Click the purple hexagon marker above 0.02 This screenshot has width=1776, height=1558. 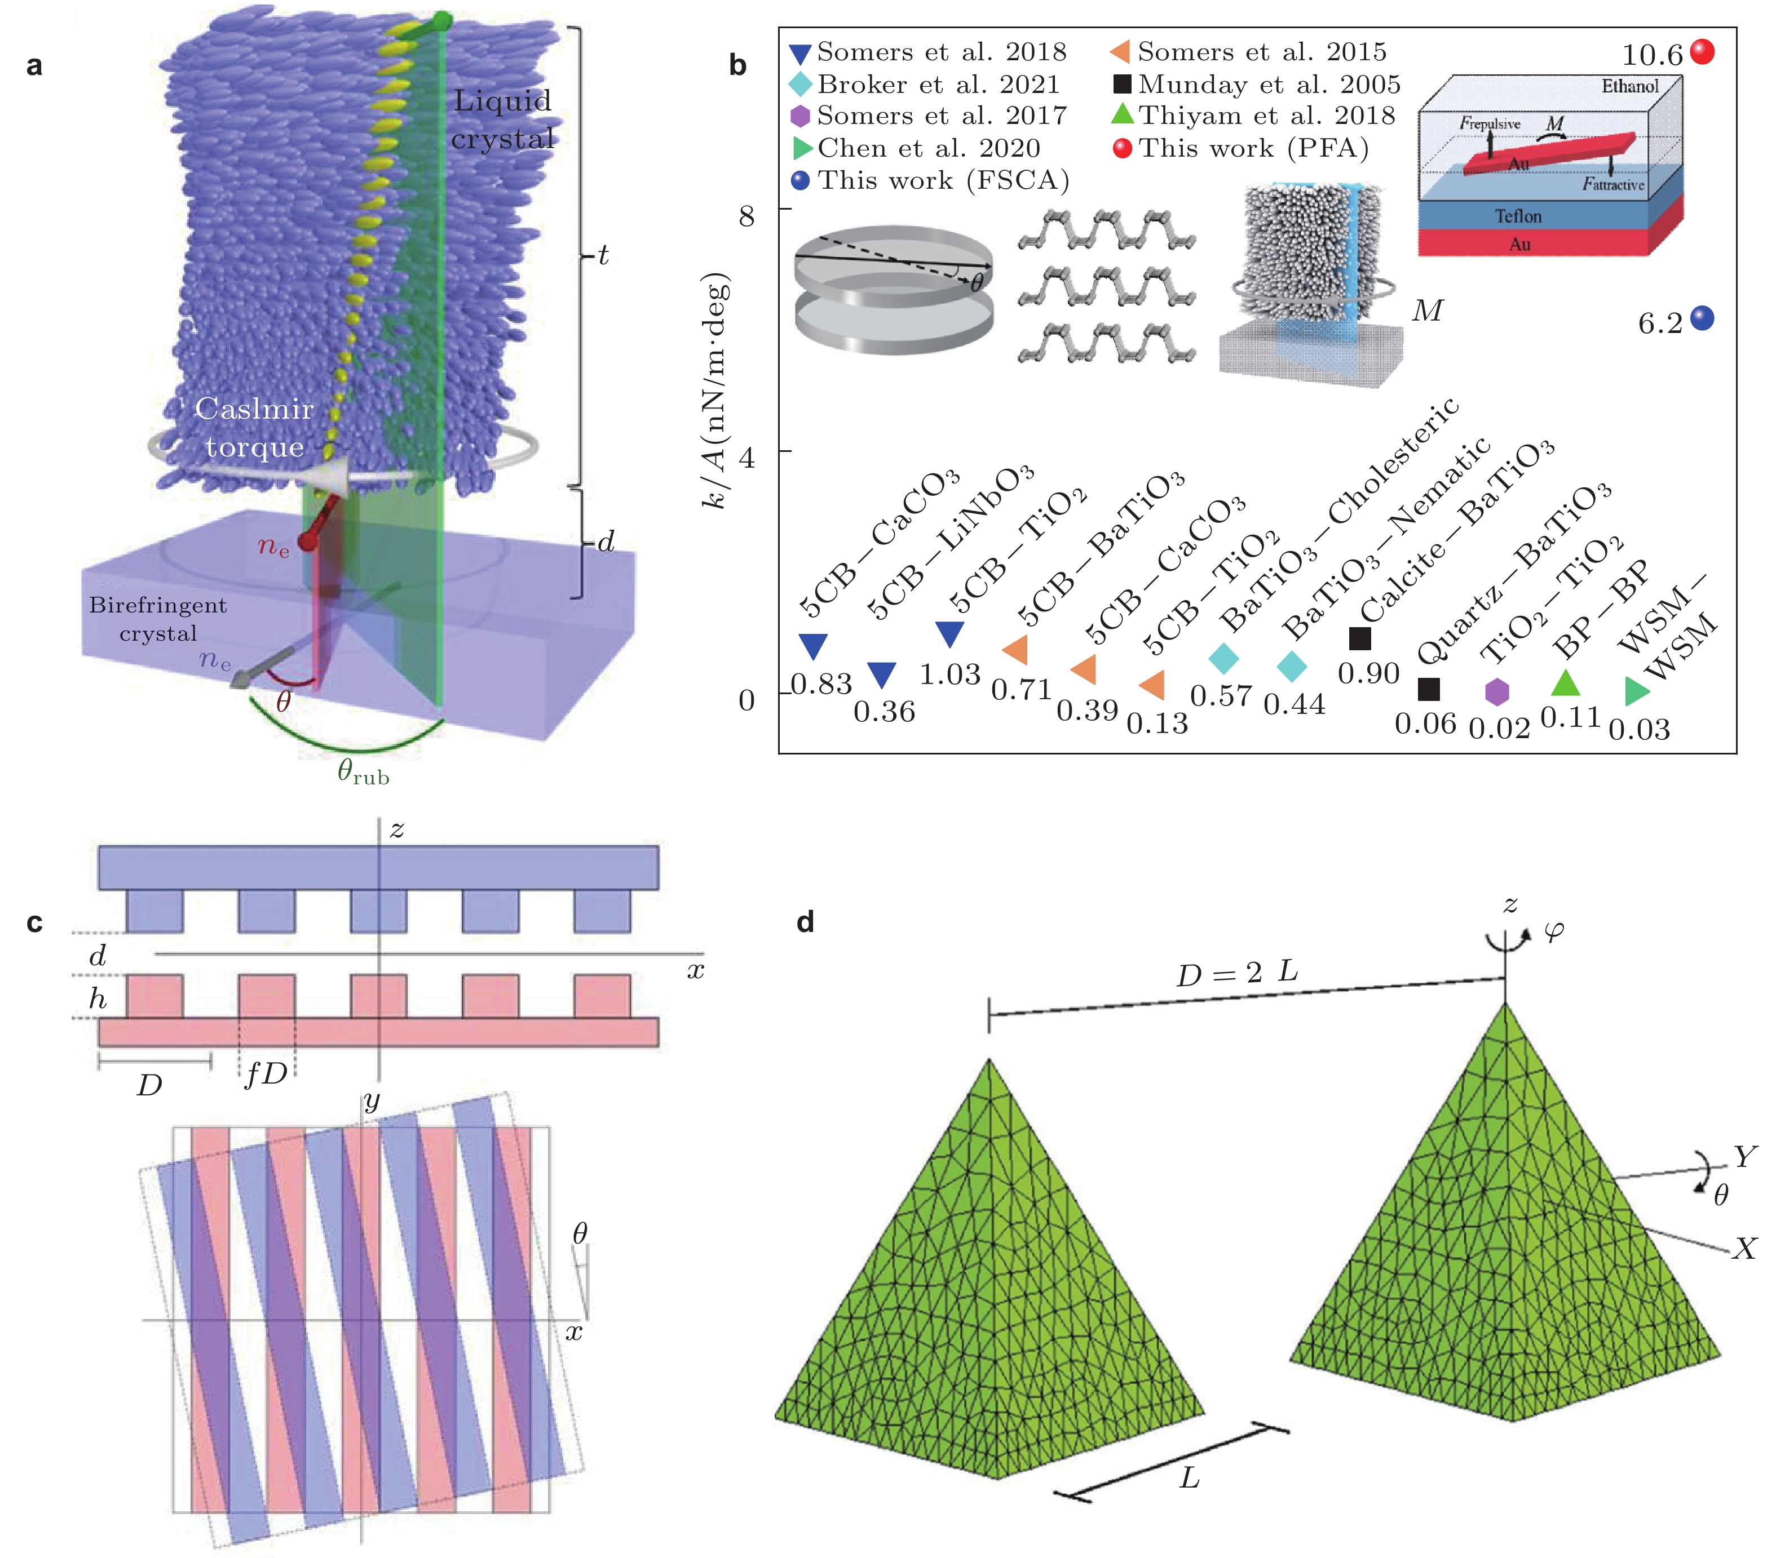(1496, 692)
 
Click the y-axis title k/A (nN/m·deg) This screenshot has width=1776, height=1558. (717, 391)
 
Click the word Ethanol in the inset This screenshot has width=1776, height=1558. (1629, 86)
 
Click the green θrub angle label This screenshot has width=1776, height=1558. (363, 771)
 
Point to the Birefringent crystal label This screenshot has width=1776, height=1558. (158, 618)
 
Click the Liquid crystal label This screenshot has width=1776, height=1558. (502, 119)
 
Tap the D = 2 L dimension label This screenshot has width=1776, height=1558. (1236, 973)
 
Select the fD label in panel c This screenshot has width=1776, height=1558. (265, 1075)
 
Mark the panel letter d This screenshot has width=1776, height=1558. (806, 921)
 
